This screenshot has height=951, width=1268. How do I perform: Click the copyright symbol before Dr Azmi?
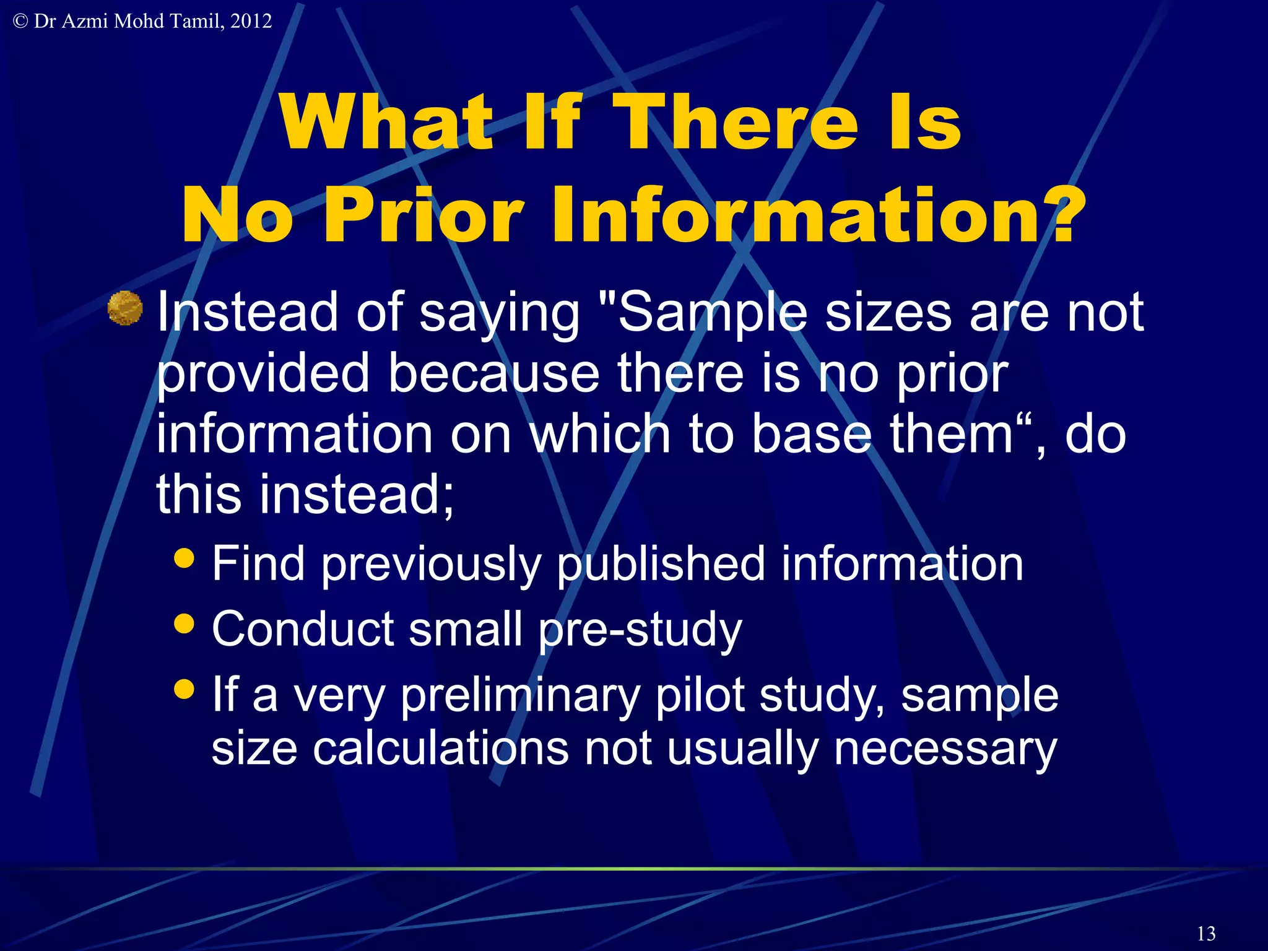click(20, 22)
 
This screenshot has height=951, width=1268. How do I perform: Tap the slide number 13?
click(1206, 933)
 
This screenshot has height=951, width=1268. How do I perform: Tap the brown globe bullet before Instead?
click(125, 308)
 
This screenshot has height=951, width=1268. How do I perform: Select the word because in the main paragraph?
click(493, 373)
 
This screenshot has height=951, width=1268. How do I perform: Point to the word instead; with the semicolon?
click(357, 495)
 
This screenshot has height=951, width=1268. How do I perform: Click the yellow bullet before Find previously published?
click(185, 557)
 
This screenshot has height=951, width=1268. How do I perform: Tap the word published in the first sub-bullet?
click(661, 564)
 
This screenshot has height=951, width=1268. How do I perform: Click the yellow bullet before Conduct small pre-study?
click(185, 622)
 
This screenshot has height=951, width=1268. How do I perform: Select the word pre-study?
click(640, 630)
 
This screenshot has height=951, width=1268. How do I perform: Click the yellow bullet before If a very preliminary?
click(185, 688)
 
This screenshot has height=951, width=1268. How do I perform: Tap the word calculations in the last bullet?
click(440, 749)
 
